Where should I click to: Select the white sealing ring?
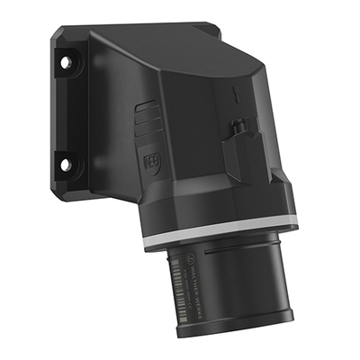(220, 241)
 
